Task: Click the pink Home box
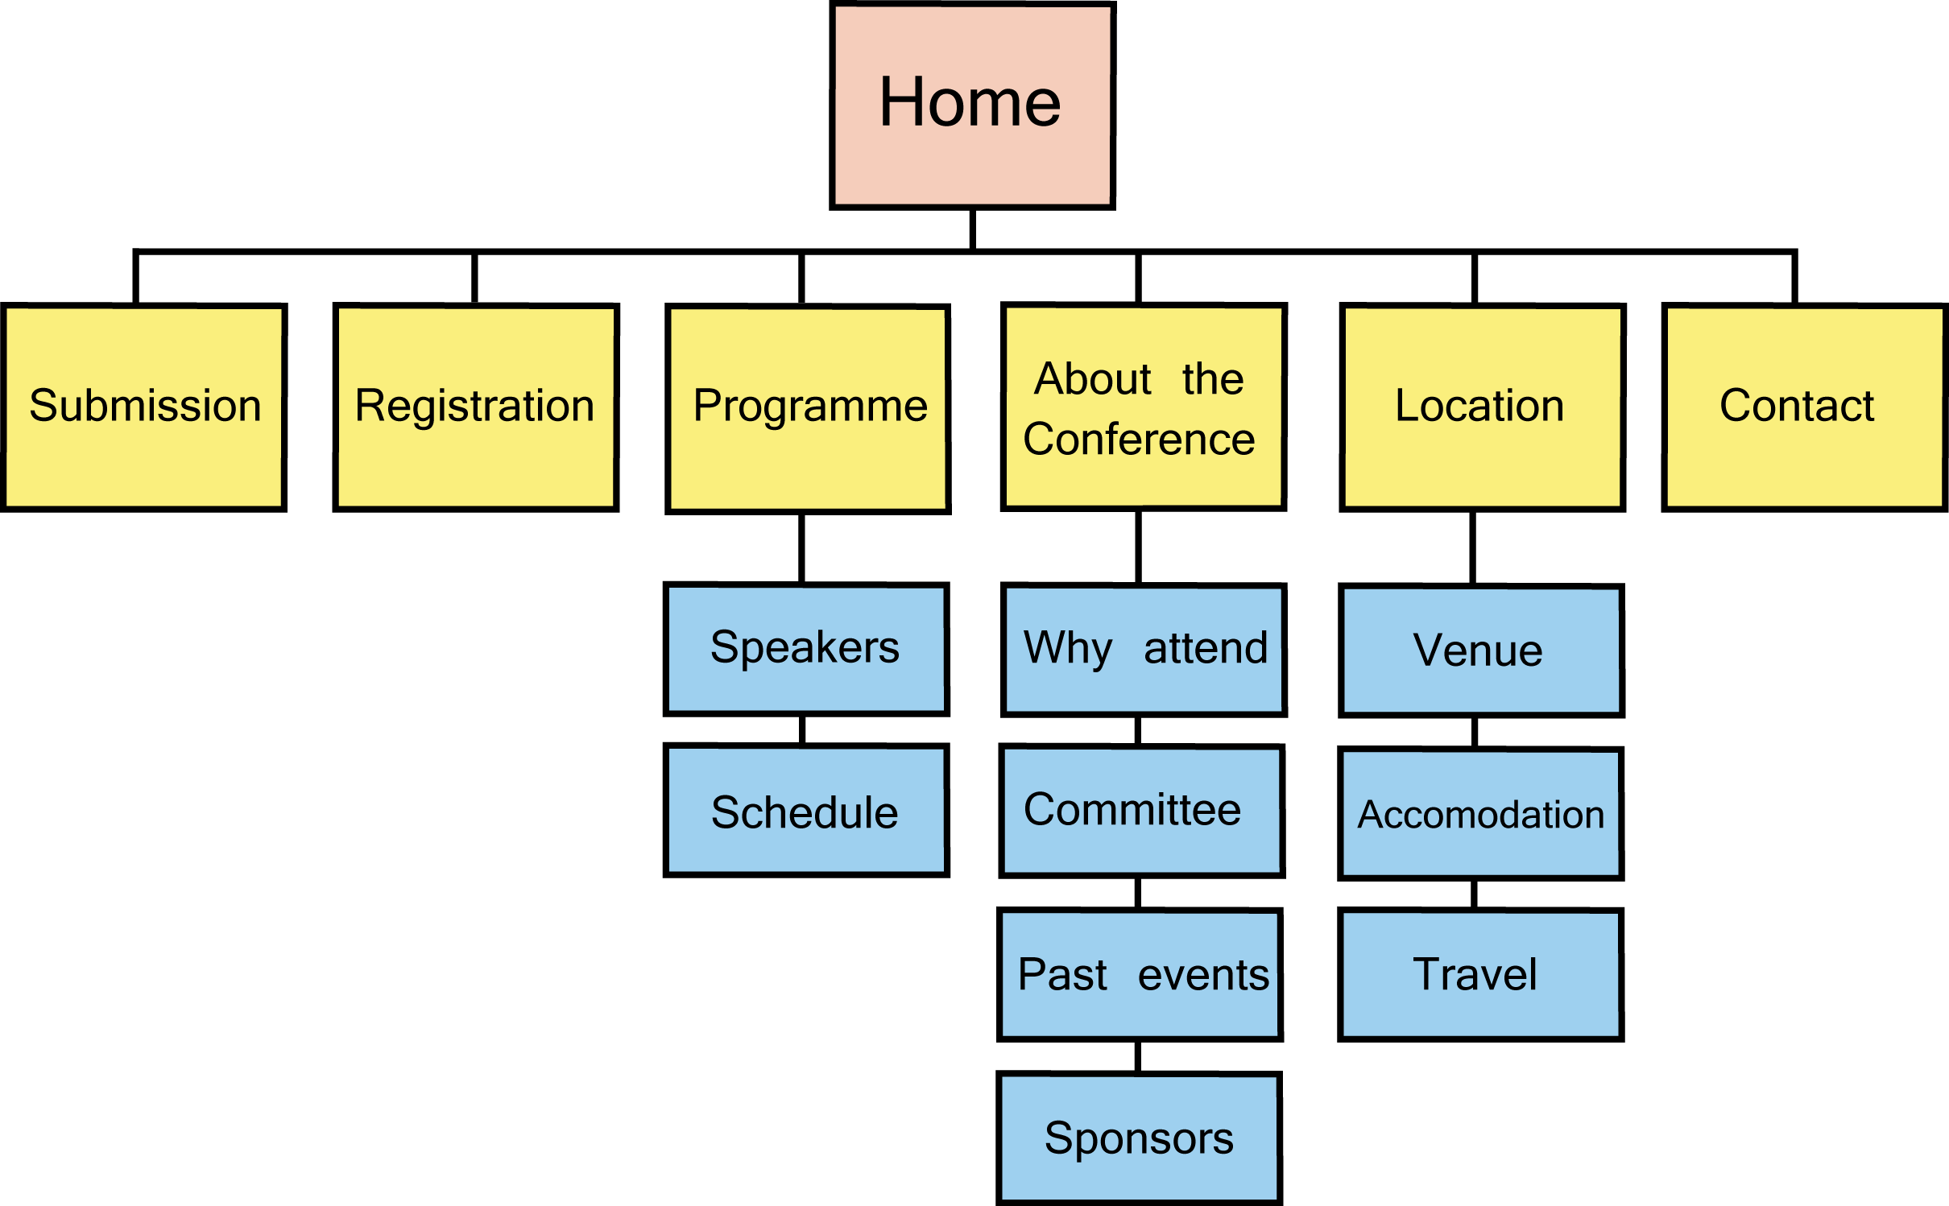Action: pyautogui.click(x=972, y=105)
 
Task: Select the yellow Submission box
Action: pyautogui.click(x=144, y=407)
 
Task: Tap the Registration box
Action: pyautogui.click(x=476, y=407)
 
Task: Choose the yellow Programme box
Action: pyautogui.click(x=808, y=408)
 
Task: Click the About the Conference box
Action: pyautogui.click(x=1144, y=407)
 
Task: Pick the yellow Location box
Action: pyautogui.click(x=1482, y=407)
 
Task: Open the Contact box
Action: pyautogui.click(x=1804, y=407)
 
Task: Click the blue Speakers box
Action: pyautogui.click(x=806, y=649)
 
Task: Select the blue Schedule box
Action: pyautogui.click(x=806, y=810)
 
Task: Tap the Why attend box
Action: pyautogui.click(x=1144, y=650)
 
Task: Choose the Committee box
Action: pyautogui.click(x=1141, y=811)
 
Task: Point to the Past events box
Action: pyautogui.click(x=1140, y=974)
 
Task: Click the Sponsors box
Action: pyautogui.click(x=1139, y=1138)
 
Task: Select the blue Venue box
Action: pyautogui.click(x=1481, y=650)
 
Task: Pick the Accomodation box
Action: pyautogui.click(x=1480, y=813)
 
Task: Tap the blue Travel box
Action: pyautogui.click(x=1480, y=974)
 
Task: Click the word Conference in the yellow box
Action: pyautogui.click(x=1139, y=440)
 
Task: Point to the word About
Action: pyautogui.click(x=1093, y=378)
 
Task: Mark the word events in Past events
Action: pyautogui.click(x=1203, y=975)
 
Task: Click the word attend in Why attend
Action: pyautogui.click(x=1206, y=648)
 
